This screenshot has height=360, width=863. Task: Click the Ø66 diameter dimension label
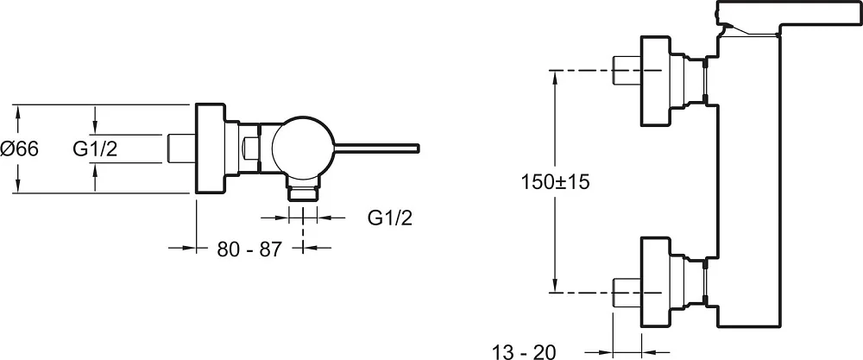click(x=20, y=148)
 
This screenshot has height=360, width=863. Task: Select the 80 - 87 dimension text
click(x=249, y=249)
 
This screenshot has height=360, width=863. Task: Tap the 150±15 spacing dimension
click(x=555, y=181)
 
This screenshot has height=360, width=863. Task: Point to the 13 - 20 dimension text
click(x=524, y=351)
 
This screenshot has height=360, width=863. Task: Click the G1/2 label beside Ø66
click(x=95, y=148)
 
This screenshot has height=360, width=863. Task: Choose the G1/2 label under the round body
click(x=390, y=218)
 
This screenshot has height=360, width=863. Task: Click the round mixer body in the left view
click(x=303, y=148)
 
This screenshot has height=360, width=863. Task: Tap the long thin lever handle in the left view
click(x=377, y=148)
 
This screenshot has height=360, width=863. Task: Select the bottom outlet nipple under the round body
click(x=303, y=193)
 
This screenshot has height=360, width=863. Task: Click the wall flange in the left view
click(x=211, y=148)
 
